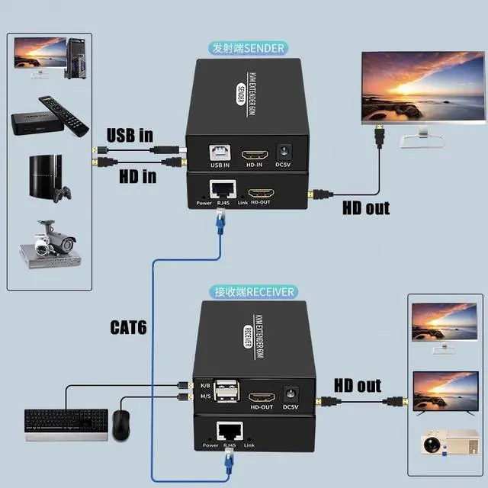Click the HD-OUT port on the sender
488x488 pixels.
(x=262, y=193)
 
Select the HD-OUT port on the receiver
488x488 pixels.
(x=262, y=398)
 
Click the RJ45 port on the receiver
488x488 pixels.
(x=228, y=432)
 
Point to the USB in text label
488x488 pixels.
(x=130, y=136)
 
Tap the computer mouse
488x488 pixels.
(x=121, y=424)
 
